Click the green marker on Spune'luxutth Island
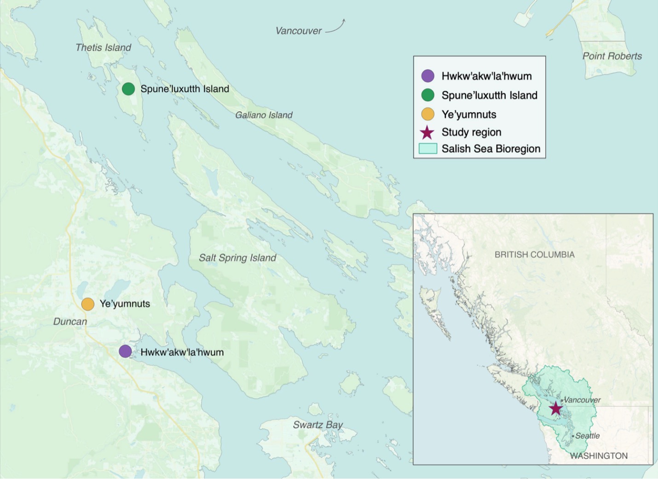click(x=128, y=89)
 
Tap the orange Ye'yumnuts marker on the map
click(x=88, y=304)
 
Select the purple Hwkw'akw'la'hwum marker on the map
click(x=125, y=351)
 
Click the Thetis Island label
click(x=103, y=47)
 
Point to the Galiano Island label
click(x=264, y=115)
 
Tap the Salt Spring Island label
click(x=237, y=258)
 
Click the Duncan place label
click(x=70, y=322)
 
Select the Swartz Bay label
click(x=318, y=425)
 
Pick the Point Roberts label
click(x=612, y=56)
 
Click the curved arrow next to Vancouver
click(x=336, y=27)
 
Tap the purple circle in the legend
click(x=427, y=76)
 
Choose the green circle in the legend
click(x=427, y=95)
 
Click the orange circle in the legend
click(x=427, y=114)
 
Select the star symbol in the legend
click(x=427, y=133)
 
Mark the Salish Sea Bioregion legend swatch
click(x=427, y=149)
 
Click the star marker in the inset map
click(x=556, y=408)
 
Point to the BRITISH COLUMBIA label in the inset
click(x=534, y=255)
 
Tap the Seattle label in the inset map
click(x=587, y=436)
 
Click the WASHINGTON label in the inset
click(x=599, y=456)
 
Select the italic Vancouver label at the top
click(x=299, y=31)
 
